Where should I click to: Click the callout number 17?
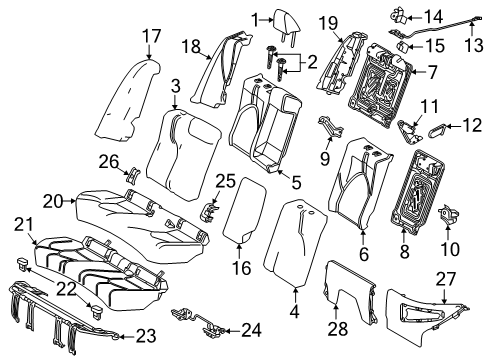[152, 36]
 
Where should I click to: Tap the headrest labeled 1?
[287, 23]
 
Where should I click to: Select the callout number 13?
[474, 45]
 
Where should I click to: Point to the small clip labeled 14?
[399, 16]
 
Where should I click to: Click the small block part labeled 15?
[403, 46]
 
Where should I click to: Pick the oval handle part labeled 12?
[437, 129]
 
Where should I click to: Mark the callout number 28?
[338, 329]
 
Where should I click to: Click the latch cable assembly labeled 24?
[197, 321]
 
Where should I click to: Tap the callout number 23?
[146, 336]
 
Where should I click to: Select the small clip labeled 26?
[133, 174]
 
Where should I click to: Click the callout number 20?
[53, 202]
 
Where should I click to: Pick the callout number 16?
[241, 268]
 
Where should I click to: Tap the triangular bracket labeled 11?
[410, 131]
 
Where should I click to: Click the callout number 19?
[328, 24]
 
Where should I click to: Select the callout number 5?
[296, 182]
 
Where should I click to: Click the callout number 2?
[312, 62]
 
